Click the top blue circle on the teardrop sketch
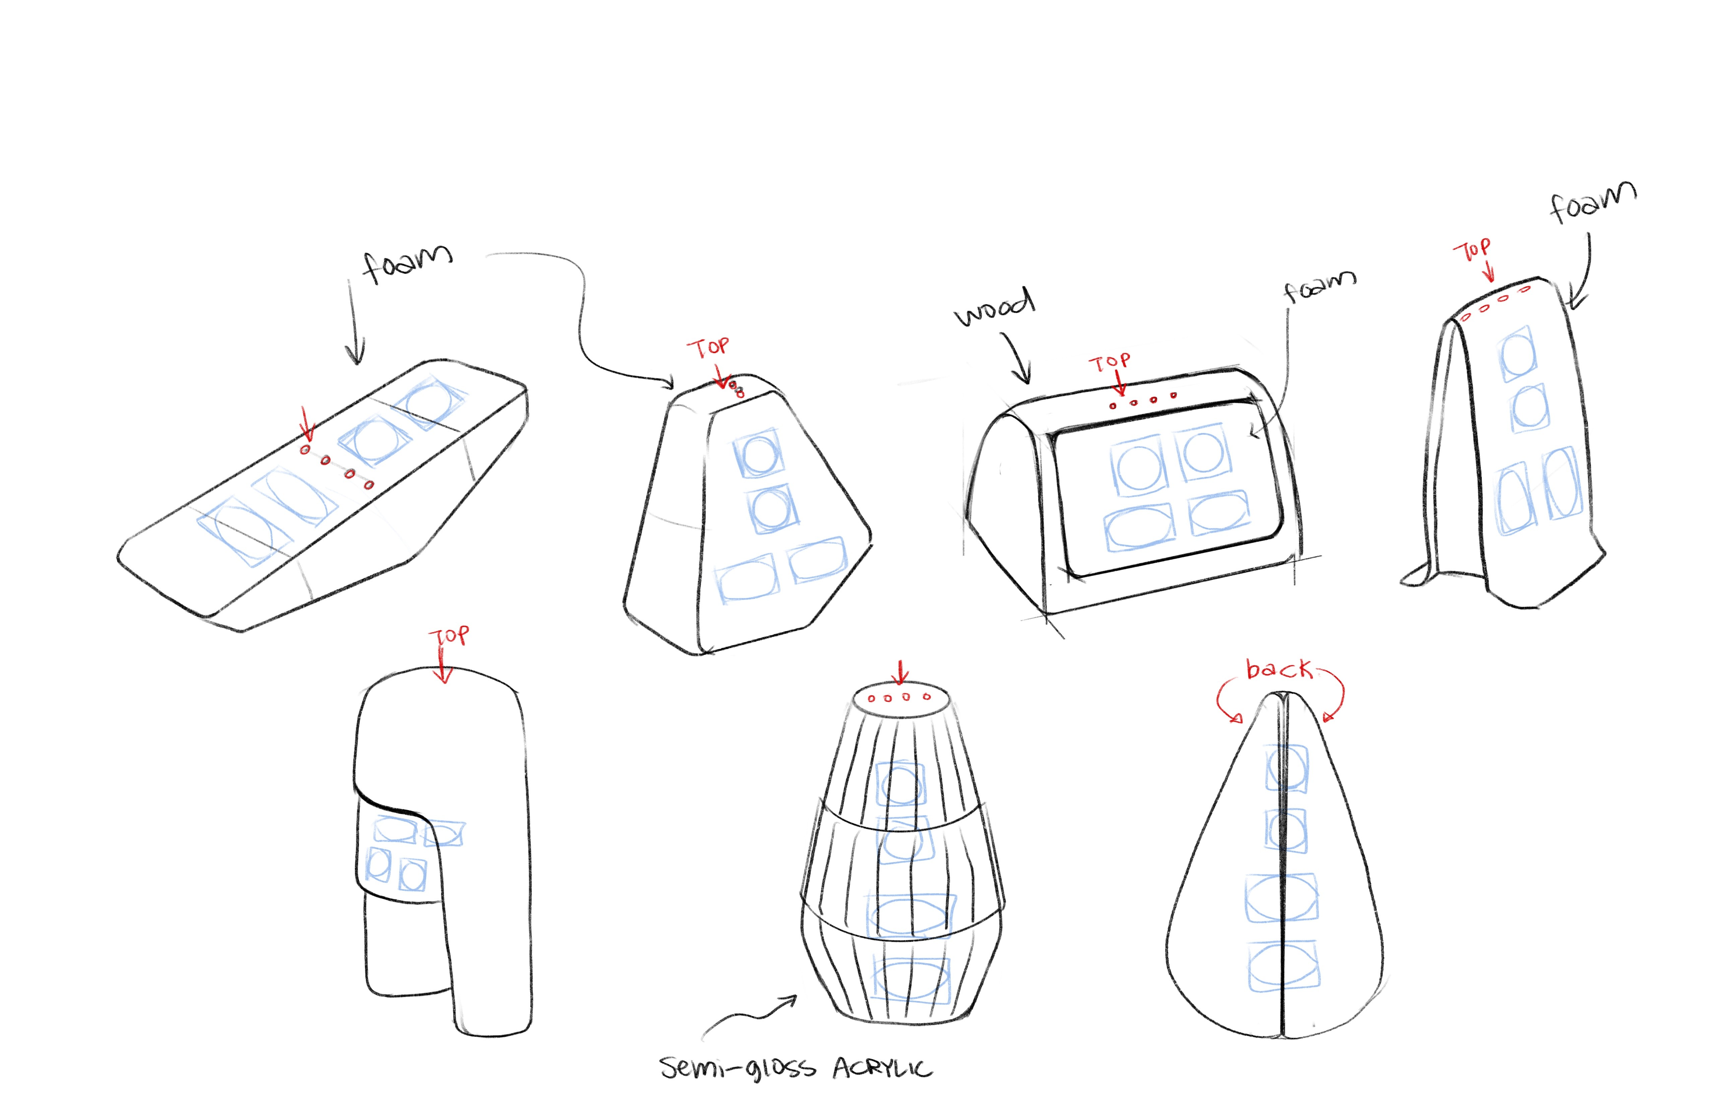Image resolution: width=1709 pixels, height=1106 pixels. coord(1286,767)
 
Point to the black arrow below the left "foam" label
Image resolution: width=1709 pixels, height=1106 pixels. coord(353,323)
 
